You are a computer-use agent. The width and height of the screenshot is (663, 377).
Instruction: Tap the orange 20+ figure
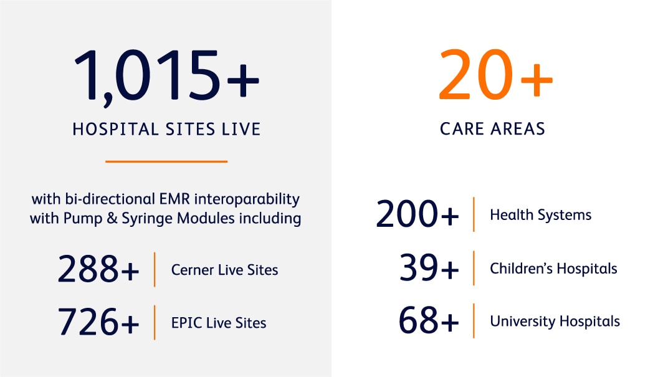pos(495,74)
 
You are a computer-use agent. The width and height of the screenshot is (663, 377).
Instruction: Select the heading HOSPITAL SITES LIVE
pos(166,130)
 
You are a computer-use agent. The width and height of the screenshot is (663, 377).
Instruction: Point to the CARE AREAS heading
pos(493,129)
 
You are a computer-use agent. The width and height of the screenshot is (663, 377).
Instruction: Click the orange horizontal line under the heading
pos(166,161)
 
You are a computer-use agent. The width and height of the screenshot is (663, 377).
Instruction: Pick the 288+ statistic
pos(98,269)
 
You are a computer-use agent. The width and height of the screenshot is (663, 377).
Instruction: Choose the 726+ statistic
pos(98,322)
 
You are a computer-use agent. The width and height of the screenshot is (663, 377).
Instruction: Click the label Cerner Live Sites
pos(224,270)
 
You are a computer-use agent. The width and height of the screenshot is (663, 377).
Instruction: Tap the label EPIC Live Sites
pos(219,323)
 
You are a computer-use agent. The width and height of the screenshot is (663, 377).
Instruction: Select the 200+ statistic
pos(417,214)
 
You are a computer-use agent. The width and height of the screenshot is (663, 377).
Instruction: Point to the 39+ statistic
pos(429,267)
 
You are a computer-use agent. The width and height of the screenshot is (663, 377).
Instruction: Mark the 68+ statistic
pos(429,320)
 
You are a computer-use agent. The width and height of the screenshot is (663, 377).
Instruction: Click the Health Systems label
pos(540,215)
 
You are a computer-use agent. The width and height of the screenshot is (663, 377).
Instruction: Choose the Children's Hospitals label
pos(553,269)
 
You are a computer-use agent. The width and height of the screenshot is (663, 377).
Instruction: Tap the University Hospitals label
pos(555,321)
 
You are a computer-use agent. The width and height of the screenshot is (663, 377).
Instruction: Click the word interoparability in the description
pos(247,199)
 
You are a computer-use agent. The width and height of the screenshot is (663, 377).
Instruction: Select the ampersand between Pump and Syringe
pos(112,219)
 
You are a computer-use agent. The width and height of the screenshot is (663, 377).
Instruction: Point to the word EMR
pos(174,199)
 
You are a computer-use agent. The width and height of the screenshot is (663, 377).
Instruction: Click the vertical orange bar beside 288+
pos(155,270)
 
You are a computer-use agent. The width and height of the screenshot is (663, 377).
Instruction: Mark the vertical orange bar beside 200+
pos(474,214)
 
